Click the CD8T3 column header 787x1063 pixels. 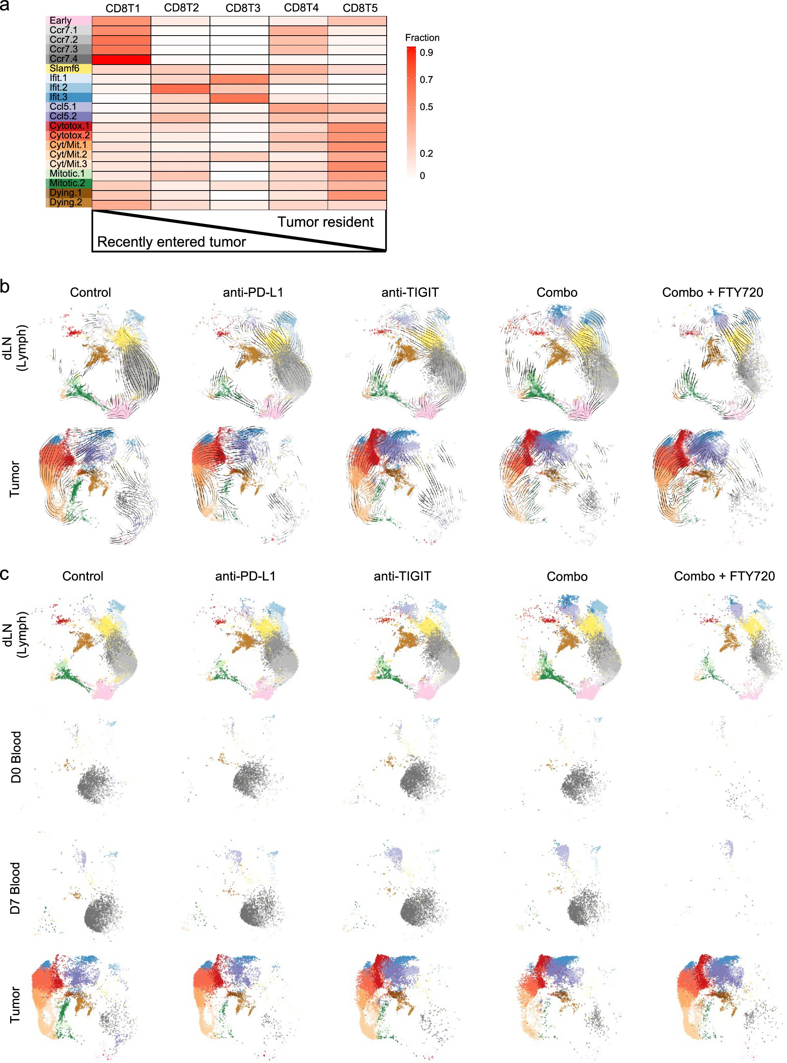pos(242,8)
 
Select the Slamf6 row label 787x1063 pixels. pos(65,68)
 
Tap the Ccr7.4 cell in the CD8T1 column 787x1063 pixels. pos(121,59)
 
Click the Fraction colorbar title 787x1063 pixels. pos(422,38)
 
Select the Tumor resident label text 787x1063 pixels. pos(325,222)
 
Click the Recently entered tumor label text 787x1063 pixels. pos(172,242)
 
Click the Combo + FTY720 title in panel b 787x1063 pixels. pos(712,292)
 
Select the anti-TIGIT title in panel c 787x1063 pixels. pos(402,576)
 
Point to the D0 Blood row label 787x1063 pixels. pos(16,757)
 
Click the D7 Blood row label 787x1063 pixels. pos(16,888)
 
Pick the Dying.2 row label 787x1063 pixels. pos(66,203)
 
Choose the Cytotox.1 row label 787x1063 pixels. pos(70,126)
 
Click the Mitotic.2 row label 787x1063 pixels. pos(67,183)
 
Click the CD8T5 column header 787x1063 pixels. pos(360,8)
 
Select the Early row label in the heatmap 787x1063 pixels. pos(61,20)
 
